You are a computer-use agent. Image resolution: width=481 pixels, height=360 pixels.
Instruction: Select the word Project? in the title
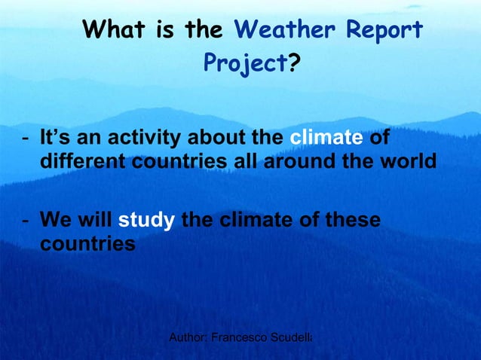[252, 64]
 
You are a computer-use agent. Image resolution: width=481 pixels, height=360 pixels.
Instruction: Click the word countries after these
[87, 244]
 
